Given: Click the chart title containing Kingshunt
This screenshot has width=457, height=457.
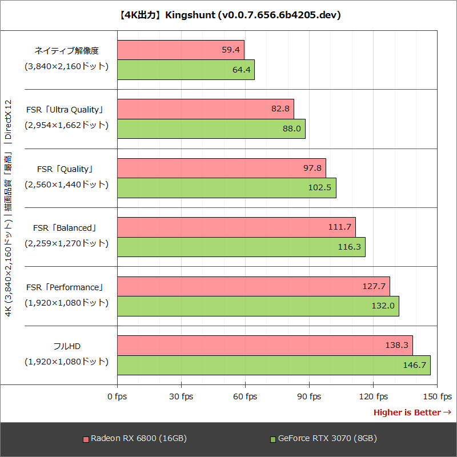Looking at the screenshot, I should coord(228,15).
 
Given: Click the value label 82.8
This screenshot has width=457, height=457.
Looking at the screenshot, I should coord(282,109).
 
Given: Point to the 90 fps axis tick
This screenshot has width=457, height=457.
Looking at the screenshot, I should coord(309,396).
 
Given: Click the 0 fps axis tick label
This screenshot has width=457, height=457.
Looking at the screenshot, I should coord(117,396).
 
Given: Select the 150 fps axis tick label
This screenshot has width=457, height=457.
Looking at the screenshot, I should coord(437,396).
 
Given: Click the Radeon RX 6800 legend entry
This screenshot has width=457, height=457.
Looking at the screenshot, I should coord(135,439).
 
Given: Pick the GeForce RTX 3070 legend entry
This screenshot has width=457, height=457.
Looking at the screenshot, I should coord(323,439).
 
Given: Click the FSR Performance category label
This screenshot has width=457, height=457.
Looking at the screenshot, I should coord(65,287).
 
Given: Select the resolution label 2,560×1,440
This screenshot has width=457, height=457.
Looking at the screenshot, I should coord(66,185).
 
